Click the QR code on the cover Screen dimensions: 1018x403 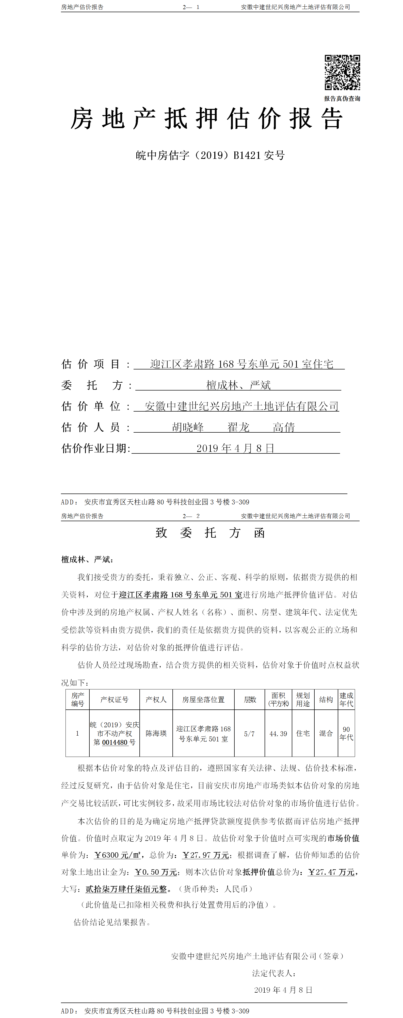[x=342, y=72]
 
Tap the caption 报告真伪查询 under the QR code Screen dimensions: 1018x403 [x=342, y=98]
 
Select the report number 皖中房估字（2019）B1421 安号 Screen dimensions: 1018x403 [x=210, y=155]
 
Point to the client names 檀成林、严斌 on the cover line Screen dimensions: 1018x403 [x=238, y=385]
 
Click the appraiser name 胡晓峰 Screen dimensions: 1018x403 [x=188, y=427]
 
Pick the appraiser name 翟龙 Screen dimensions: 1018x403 [x=238, y=427]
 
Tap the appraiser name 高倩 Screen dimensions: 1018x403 [x=284, y=427]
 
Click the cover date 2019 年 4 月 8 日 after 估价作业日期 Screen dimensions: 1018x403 [x=235, y=448]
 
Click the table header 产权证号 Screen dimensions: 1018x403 [x=114, y=700]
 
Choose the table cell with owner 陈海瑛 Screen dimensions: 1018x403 [x=156, y=733]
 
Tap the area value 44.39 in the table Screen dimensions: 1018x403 [x=278, y=734]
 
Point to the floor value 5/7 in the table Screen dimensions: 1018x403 [x=249, y=734]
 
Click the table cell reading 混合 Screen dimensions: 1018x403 [x=326, y=733]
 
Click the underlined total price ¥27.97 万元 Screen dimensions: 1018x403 [x=206, y=855]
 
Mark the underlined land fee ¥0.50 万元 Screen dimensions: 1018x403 [x=156, y=872]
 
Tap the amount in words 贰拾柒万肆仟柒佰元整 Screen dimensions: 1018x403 [x=126, y=889]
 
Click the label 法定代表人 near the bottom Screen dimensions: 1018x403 [x=274, y=973]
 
